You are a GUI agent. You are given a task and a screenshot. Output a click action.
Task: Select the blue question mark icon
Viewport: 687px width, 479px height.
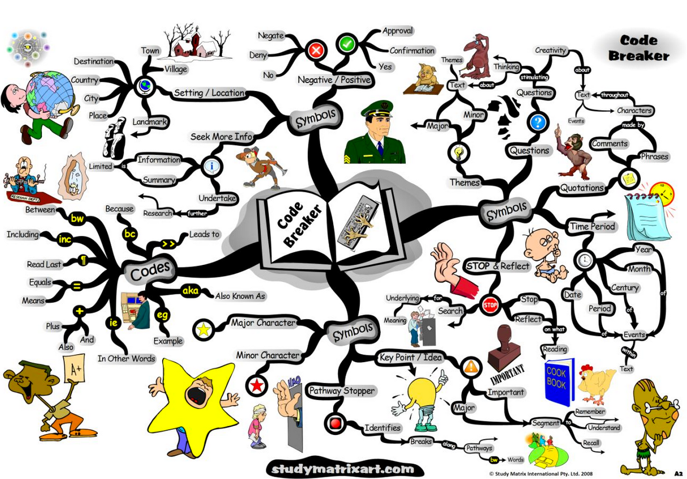538,122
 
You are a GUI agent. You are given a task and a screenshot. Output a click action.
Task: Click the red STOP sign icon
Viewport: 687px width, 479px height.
490,306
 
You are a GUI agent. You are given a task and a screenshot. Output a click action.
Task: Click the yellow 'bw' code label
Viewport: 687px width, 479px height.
77,218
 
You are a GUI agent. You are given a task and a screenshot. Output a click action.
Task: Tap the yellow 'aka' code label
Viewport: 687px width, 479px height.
189,291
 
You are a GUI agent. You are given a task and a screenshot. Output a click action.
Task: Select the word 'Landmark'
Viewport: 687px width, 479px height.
150,122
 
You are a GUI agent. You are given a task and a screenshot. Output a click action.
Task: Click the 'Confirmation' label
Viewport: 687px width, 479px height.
412,51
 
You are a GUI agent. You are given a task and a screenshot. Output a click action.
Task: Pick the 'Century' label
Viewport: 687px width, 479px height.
624,288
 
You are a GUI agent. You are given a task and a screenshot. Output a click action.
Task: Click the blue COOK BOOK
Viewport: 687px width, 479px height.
559,382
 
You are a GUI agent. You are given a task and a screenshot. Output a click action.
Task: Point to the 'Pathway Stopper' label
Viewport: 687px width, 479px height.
341,390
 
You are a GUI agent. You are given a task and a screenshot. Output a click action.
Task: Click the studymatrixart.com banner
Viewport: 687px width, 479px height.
343,469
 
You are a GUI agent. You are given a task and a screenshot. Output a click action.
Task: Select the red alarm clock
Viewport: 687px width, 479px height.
662,196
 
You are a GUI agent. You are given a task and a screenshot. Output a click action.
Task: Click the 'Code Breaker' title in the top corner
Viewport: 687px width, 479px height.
639,48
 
